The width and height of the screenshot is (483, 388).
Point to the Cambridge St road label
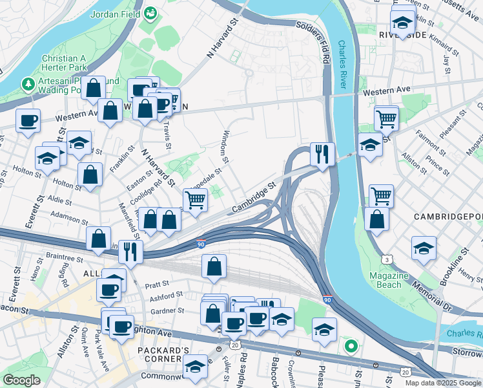click(x=254, y=195)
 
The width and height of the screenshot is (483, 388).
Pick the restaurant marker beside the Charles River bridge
click(x=322, y=154)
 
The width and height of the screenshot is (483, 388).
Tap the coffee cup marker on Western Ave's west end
click(x=28, y=120)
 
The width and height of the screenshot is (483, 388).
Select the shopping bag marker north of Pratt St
click(x=214, y=266)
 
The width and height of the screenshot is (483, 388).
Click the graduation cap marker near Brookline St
click(x=424, y=248)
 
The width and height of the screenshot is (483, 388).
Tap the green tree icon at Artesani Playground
click(x=28, y=84)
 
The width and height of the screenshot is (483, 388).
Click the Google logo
click(x=22, y=380)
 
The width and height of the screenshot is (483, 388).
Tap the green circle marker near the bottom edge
click(x=351, y=347)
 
